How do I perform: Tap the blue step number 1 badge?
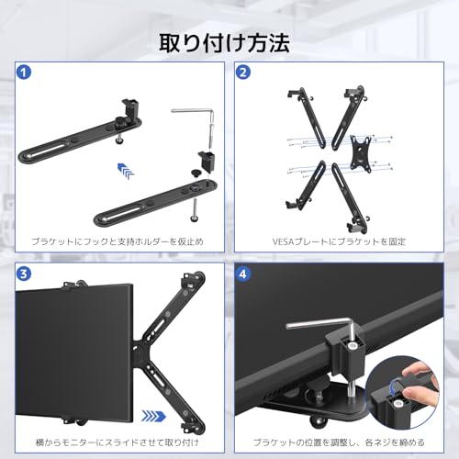(26, 72)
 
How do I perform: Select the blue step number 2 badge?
(243, 72)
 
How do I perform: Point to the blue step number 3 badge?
(26, 274)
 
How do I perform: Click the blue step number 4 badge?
(243, 274)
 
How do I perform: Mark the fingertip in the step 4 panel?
(418, 395)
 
